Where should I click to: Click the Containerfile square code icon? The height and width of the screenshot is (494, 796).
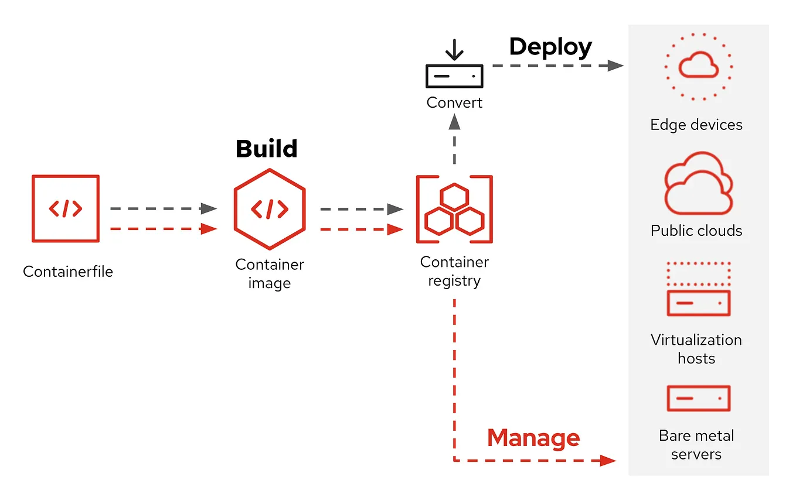(x=65, y=208)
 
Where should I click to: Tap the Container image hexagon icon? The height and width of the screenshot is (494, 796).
(x=269, y=209)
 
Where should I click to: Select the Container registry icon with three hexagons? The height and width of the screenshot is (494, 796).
(x=454, y=209)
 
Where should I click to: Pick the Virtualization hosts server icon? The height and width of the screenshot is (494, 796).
(x=698, y=289)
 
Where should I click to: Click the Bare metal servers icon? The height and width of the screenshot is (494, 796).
(x=698, y=398)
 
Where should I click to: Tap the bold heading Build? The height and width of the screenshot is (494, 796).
(x=266, y=149)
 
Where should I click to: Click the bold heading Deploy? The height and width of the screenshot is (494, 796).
(x=550, y=47)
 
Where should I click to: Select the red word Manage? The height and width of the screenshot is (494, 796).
(x=533, y=438)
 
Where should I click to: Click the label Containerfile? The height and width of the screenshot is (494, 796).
(x=68, y=272)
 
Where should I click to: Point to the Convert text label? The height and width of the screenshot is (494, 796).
(x=454, y=102)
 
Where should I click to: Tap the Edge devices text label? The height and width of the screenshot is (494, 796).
(x=696, y=125)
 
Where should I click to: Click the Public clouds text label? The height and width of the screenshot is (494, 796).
(x=696, y=231)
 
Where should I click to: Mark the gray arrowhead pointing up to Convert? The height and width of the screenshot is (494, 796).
(x=454, y=122)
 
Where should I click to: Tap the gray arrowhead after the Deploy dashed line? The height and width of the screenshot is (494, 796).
(x=615, y=66)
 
